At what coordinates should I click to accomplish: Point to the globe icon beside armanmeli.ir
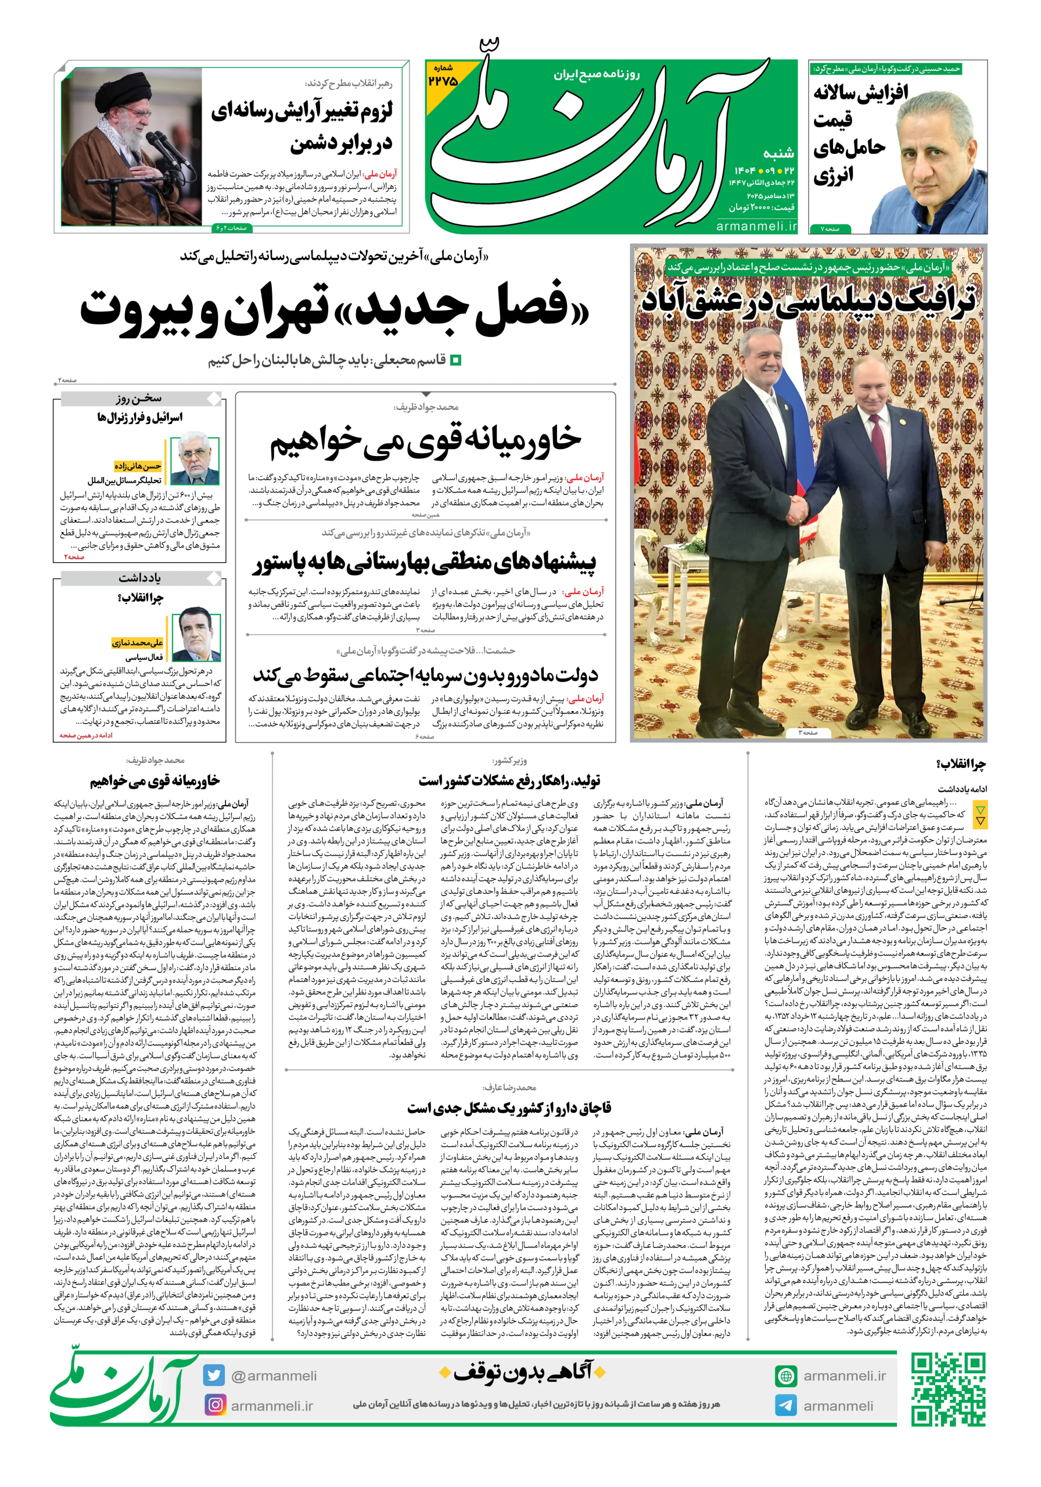pos(786,1375)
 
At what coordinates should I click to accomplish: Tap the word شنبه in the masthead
pos(778,153)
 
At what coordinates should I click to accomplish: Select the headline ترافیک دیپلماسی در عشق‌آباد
pos(808,300)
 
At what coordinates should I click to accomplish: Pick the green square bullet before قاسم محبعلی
pos(455,360)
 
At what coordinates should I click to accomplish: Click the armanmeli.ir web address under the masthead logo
pos(756,226)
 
